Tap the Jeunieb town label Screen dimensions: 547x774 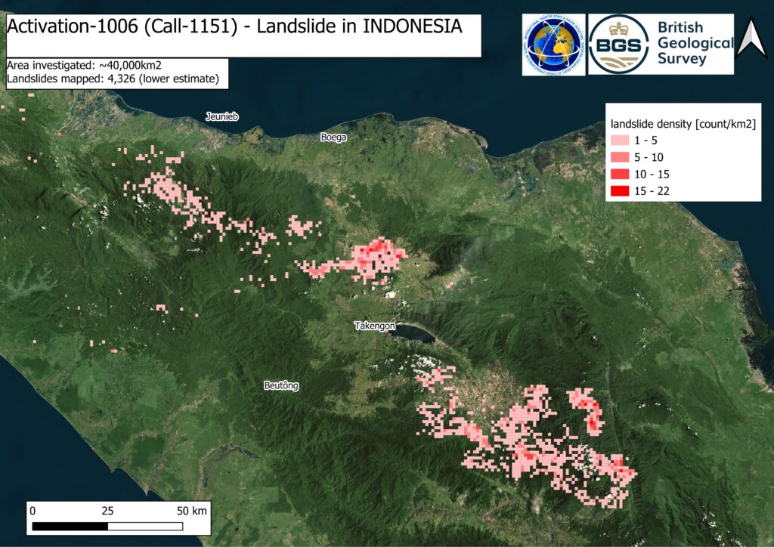pos(222,116)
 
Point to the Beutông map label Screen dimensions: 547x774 pos(281,386)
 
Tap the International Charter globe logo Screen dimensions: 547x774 pos(553,45)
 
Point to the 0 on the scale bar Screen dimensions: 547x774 pos(33,511)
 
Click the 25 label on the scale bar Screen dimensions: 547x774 pos(107,511)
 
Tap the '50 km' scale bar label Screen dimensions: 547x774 pos(192,511)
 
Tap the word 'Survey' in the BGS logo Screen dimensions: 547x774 pos(682,59)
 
